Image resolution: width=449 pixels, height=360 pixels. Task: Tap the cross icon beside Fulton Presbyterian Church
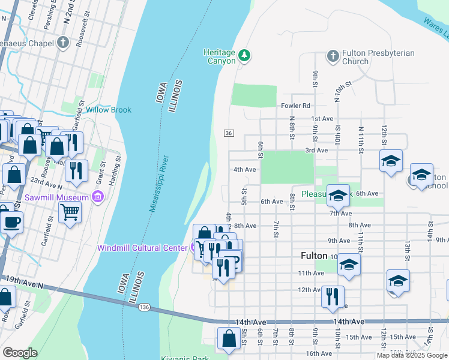333,56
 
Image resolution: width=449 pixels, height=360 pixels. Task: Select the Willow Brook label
108,110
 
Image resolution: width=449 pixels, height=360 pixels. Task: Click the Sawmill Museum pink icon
98,197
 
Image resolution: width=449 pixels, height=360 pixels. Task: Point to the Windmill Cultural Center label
142,248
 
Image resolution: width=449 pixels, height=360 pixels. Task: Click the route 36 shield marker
228,133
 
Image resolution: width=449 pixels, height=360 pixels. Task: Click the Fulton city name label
313,256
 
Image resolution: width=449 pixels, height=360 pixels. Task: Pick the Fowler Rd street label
295,106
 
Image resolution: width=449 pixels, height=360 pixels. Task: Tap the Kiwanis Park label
184,358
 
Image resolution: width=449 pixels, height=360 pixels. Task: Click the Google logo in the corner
20,353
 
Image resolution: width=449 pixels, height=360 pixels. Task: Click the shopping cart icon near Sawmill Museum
70,211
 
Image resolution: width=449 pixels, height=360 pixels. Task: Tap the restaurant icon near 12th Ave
333,296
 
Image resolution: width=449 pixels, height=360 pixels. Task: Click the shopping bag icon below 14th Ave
229,338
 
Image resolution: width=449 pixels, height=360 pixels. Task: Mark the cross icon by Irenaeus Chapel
64,43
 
